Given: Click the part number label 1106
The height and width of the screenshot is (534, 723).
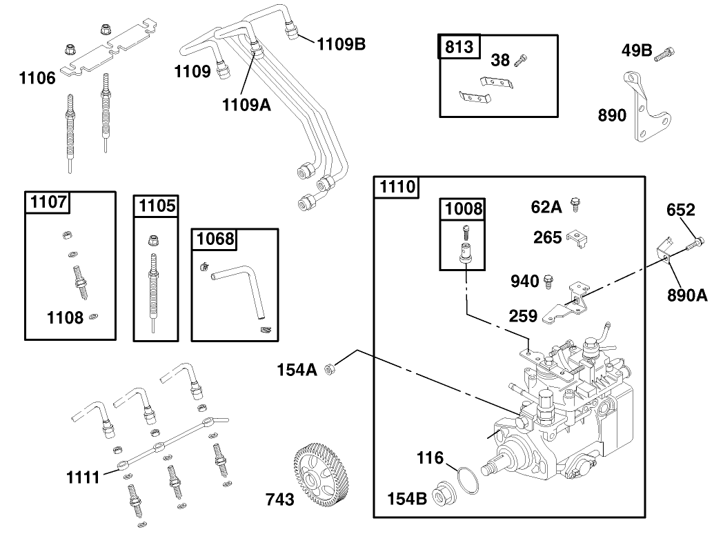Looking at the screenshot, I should click(37, 78).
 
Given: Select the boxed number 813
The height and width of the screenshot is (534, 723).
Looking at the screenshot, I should click(459, 47).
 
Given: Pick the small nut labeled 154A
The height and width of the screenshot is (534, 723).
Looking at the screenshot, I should click(330, 369).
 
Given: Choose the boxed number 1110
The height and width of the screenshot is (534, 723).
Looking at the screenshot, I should click(396, 186).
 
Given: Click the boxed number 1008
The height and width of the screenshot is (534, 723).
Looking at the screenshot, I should click(463, 208).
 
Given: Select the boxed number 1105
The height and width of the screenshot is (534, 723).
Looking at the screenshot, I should click(157, 205).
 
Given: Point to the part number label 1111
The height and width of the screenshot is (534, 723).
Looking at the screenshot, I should click(84, 475).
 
